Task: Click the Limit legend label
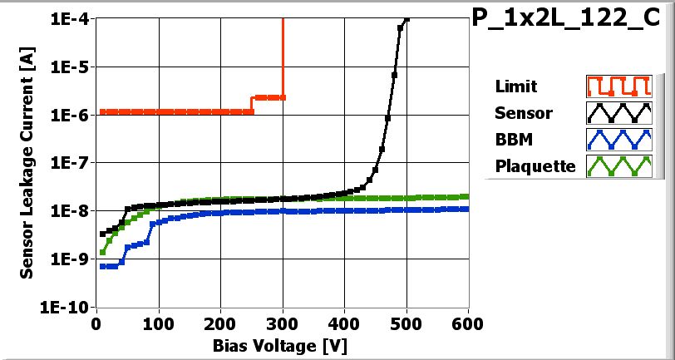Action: coord(515,86)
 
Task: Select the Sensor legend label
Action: coord(523,112)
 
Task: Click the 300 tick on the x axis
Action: coord(283,323)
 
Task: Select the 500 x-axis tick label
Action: coord(406,323)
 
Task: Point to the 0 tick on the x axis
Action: coord(96,323)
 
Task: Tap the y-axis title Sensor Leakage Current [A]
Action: coord(27,163)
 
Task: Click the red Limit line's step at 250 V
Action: coord(252,104)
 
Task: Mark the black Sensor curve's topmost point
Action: coord(406,19)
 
